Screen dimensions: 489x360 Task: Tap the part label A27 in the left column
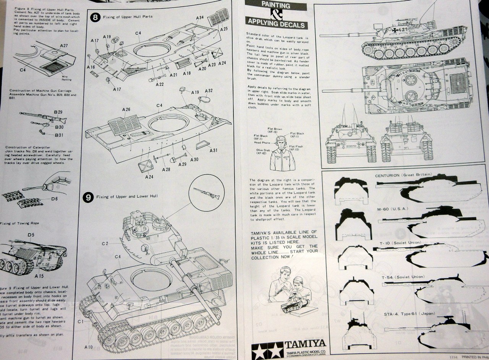point(63,45)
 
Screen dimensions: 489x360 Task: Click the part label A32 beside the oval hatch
point(209,91)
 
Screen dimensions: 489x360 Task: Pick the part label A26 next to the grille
point(126,110)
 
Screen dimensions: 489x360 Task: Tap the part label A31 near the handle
point(213,150)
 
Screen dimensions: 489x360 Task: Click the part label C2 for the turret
point(105,243)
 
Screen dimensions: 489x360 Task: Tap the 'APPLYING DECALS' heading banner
point(276,25)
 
